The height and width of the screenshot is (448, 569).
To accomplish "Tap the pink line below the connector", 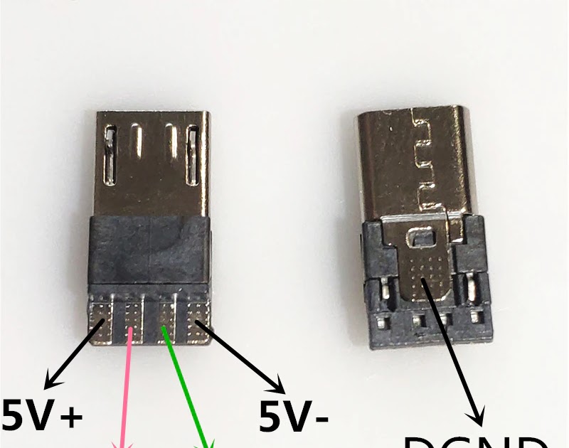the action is coord(122,398).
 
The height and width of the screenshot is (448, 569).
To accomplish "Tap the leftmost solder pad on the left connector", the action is coord(101,319).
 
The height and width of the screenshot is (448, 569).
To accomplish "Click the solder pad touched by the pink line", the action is coord(133,319).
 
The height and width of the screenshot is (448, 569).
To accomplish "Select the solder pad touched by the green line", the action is coord(166,319).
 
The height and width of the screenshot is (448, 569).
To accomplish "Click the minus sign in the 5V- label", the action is coord(319,420).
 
